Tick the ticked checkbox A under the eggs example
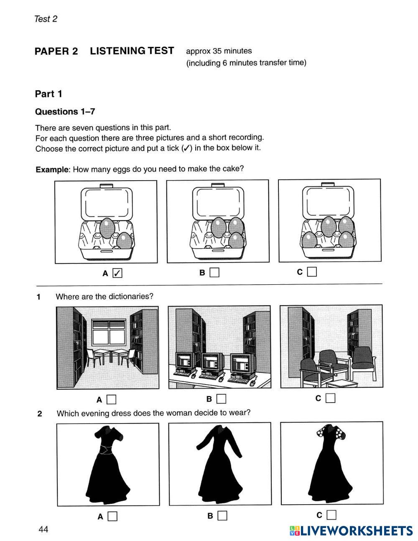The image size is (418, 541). (117, 273)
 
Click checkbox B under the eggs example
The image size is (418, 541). (214, 272)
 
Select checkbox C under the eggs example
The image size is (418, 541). (312, 272)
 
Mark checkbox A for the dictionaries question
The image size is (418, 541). (112, 399)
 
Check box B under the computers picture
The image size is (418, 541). (221, 398)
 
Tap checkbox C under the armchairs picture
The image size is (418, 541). (330, 398)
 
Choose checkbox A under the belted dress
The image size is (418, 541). (112, 516)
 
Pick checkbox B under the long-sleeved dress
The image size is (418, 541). (222, 515)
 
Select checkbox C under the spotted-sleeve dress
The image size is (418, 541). (331, 515)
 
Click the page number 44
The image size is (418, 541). (43, 529)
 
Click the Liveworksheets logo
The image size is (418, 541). (351, 531)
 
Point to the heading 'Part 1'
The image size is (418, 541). (48, 94)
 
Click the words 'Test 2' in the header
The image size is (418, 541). (46, 19)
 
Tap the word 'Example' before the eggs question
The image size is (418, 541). (52, 170)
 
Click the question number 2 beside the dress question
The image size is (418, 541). (40, 414)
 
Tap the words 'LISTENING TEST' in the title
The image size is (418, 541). (132, 51)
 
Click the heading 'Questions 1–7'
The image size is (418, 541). (65, 112)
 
